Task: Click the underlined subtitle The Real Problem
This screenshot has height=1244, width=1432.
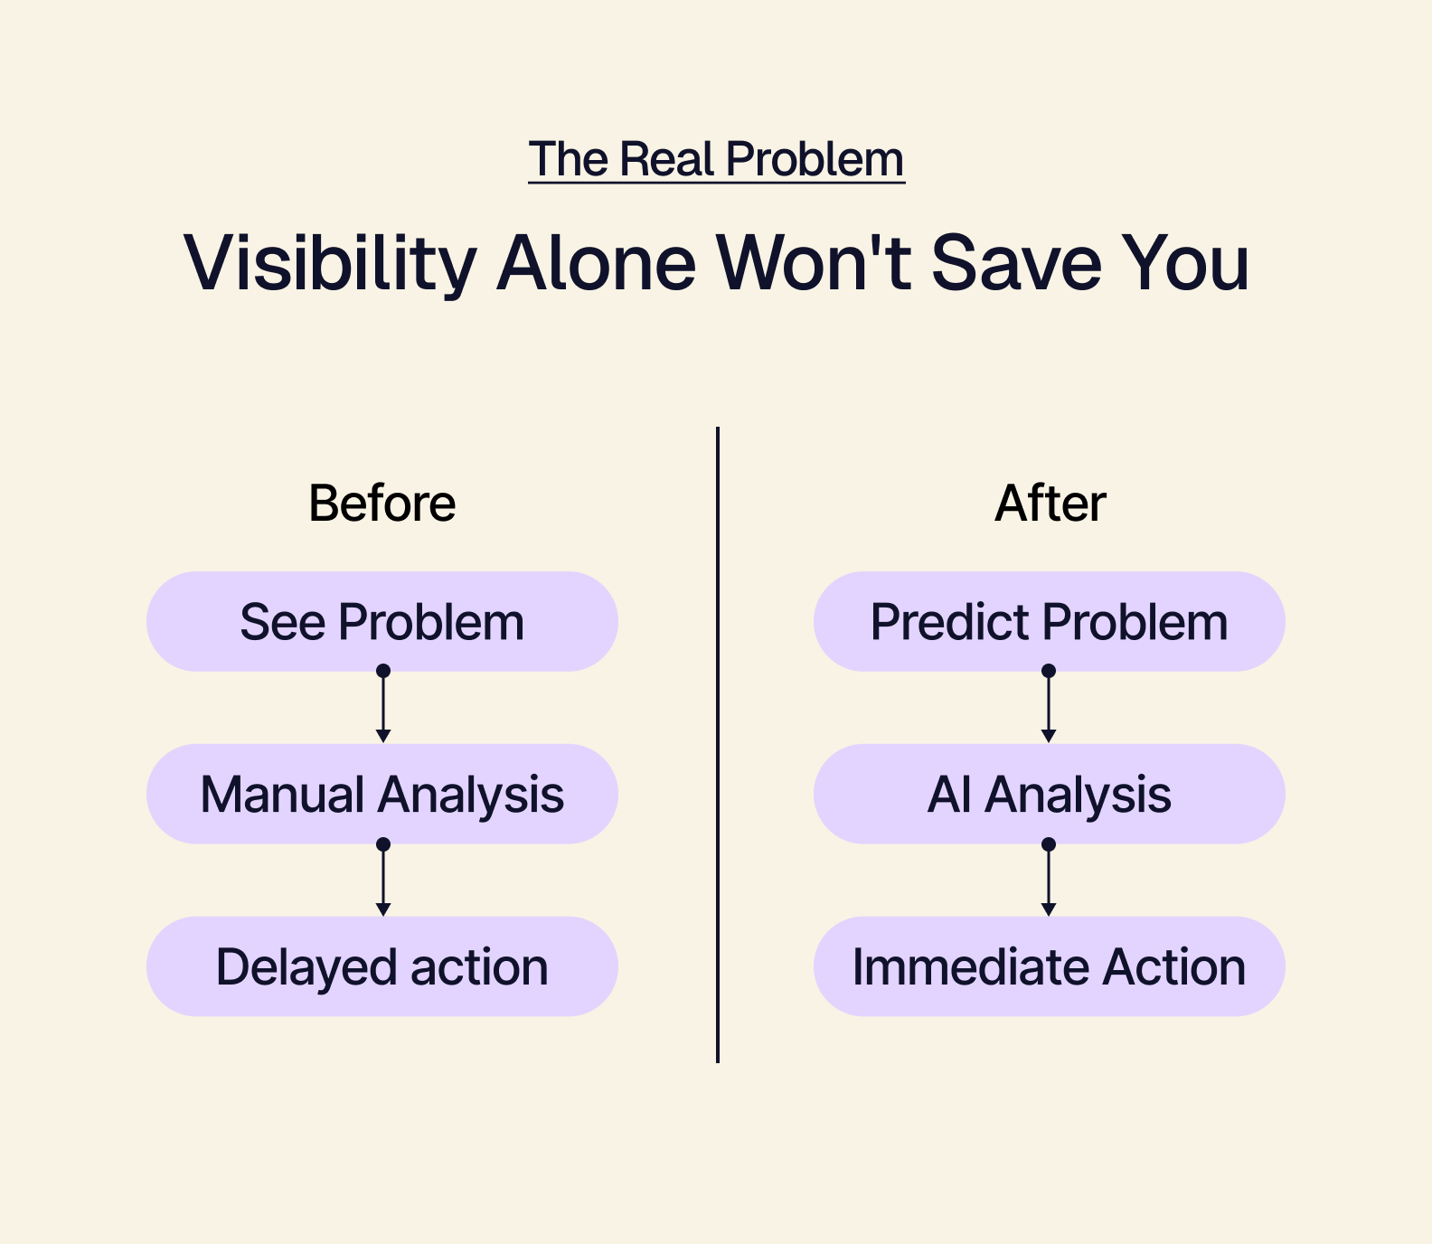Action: click(x=716, y=160)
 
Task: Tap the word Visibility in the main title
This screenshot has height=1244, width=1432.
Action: click(x=330, y=264)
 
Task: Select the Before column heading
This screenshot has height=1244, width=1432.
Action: click(x=382, y=504)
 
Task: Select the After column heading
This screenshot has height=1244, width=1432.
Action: click(x=1050, y=504)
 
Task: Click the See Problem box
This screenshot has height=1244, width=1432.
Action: click(x=382, y=621)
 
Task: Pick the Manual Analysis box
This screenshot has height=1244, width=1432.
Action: click(x=382, y=794)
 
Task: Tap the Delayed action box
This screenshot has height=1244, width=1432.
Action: click(x=382, y=966)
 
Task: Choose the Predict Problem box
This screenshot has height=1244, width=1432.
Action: click(x=1049, y=621)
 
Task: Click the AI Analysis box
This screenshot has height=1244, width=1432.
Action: click(x=1049, y=794)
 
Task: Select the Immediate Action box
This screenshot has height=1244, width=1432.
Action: click(x=1049, y=966)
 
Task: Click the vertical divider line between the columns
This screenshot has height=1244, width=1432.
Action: click(x=718, y=745)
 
